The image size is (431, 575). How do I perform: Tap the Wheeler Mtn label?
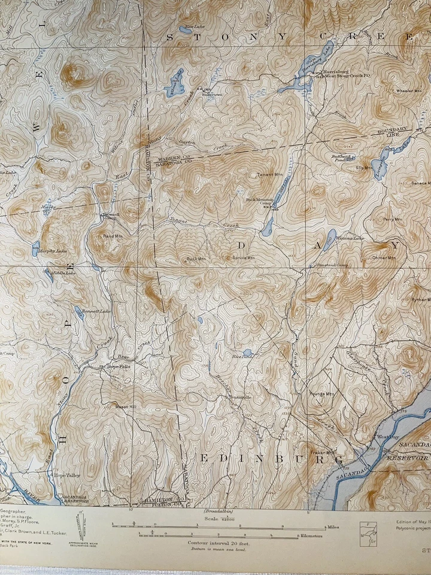[409, 91]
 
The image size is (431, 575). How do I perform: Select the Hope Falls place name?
[118, 366]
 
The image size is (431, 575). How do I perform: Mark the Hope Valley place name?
[67, 475]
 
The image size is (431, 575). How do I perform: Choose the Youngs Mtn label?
[322, 394]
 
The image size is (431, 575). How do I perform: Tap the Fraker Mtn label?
[321, 452]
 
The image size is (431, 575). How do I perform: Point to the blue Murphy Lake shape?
[37, 246]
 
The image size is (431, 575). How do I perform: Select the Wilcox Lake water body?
[175, 80]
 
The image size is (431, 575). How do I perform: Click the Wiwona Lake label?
[350, 238]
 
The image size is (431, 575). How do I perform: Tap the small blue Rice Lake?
[247, 353]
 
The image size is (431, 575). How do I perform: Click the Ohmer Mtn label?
[384, 258]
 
